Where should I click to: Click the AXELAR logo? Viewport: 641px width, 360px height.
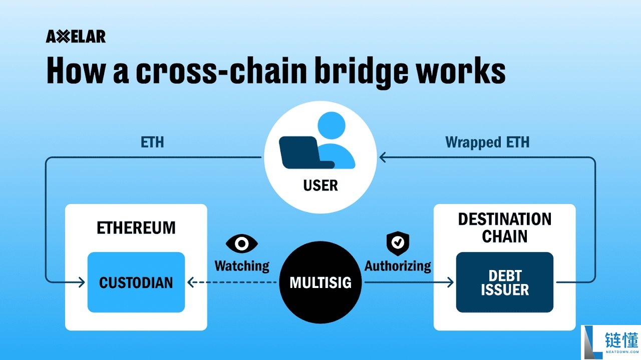coord(76,37)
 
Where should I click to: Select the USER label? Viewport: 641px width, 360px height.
coord(320,185)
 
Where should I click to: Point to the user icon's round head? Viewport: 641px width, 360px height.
coord(332,126)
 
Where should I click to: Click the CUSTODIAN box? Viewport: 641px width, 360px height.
coord(136,282)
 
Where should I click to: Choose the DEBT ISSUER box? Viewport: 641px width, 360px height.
coord(504,282)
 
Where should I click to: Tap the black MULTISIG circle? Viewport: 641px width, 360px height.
coord(320,282)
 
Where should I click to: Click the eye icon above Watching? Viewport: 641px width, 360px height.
coord(242,243)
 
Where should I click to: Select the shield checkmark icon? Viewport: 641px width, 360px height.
coord(398,243)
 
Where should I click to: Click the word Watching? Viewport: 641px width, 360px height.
coord(242,265)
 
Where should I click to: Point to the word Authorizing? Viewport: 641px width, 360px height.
coord(398,265)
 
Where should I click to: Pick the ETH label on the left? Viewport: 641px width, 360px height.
coord(153,142)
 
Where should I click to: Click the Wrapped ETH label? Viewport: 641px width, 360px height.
coord(487,142)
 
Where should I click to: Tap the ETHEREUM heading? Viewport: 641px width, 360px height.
coord(136,227)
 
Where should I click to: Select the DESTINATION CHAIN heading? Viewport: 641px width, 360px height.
coord(504,227)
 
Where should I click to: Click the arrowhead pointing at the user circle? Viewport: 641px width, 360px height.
coord(383,158)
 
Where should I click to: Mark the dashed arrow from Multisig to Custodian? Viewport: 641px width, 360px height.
coord(233,282)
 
